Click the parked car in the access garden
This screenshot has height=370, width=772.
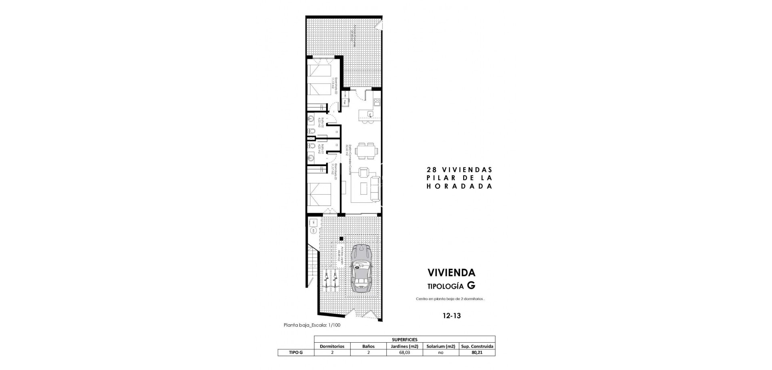pyautogui.click(x=361, y=268)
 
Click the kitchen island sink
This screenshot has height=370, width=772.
pyautogui.click(x=370, y=114)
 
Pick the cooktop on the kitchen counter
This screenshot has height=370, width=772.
pyautogui.click(x=377, y=102)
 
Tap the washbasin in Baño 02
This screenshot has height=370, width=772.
pyautogui.click(x=311, y=119)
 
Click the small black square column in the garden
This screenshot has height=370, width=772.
pyautogui.click(x=341, y=239)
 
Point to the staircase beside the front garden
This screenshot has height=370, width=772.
pyautogui.click(x=312, y=263)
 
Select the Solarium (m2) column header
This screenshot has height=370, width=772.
pyautogui.click(x=441, y=346)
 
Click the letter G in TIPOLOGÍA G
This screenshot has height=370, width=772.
pyautogui.click(x=471, y=286)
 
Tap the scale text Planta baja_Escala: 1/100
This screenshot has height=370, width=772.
pyautogui.click(x=312, y=325)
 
